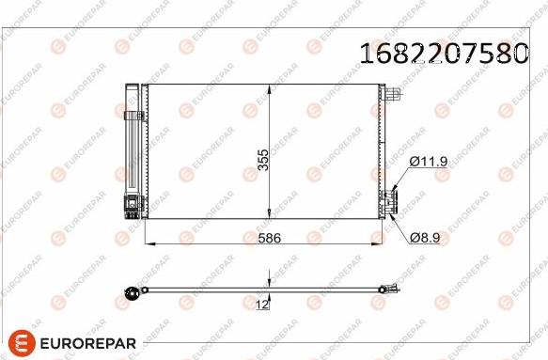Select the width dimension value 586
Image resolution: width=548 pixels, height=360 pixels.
click(270, 239)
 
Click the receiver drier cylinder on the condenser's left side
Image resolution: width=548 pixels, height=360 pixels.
click(132, 141)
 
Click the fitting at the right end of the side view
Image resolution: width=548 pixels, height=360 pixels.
click(387, 290)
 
